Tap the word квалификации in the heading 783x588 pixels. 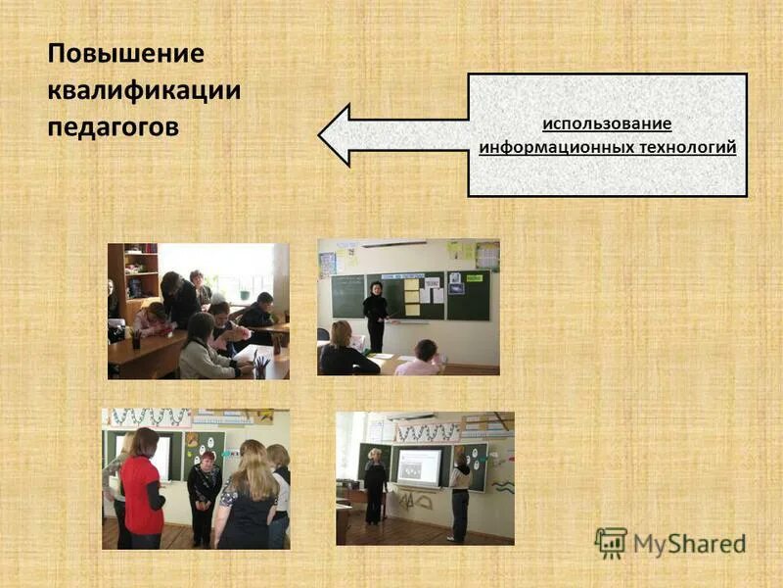[x=144, y=91]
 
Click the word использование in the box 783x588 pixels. [x=607, y=124]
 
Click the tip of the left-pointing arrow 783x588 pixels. [x=322, y=135]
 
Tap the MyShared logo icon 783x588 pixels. [x=610, y=542]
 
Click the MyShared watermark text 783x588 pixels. [x=689, y=543]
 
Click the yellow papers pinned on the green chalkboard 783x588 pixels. [x=412, y=296]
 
